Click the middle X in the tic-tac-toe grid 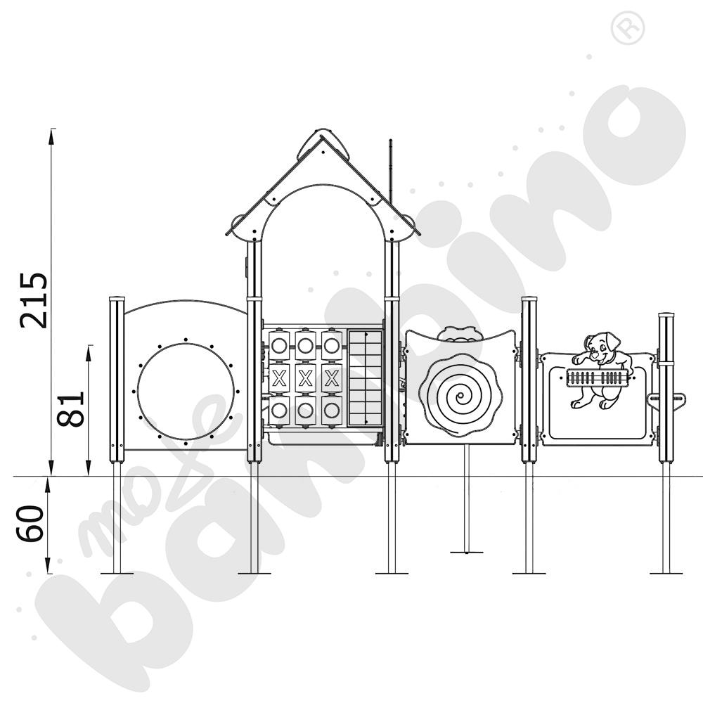tap(305, 378)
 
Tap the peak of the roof tap(323, 134)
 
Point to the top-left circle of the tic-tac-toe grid tap(279, 345)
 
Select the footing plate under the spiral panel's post tap(466, 552)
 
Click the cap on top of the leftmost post tap(117, 300)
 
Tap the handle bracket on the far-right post tap(666, 401)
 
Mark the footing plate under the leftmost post tap(117, 573)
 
